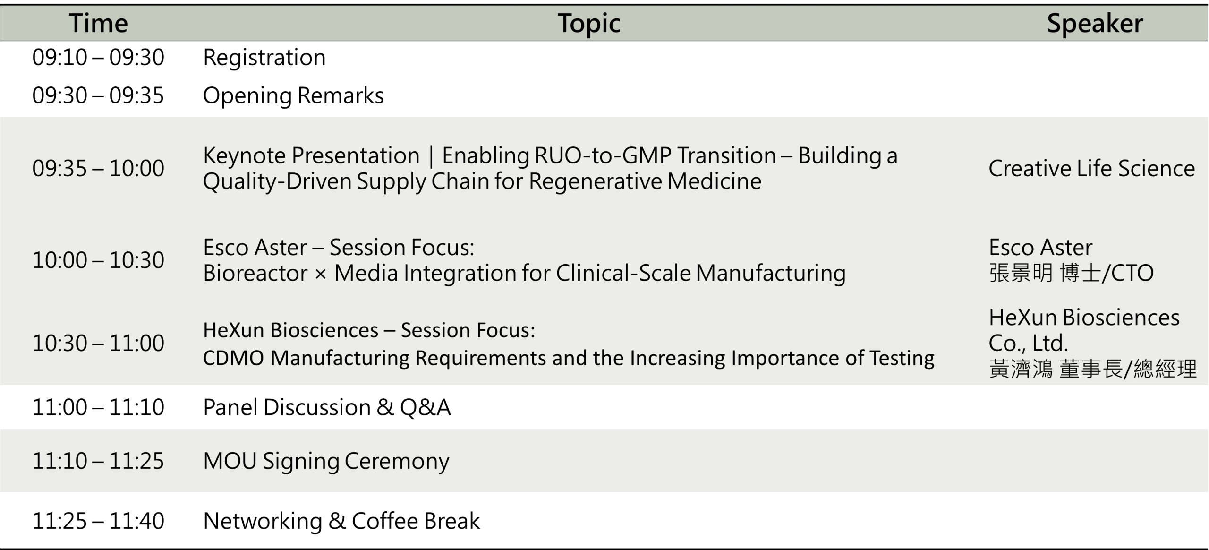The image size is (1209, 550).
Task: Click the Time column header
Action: [x=98, y=23]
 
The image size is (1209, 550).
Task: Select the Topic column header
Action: [x=589, y=24]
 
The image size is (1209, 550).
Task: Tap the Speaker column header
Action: [x=1095, y=24]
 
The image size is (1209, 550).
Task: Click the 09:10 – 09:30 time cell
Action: [x=98, y=57]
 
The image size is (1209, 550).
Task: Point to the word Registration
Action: [x=264, y=58]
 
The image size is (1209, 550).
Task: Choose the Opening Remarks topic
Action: [x=293, y=96]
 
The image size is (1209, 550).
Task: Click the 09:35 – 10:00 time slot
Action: [x=98, y=168]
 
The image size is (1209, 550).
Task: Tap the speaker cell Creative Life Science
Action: [x=1091, y=168]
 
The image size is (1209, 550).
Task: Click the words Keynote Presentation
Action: [x=311, y=156]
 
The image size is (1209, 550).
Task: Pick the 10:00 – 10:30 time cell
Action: [x=98, y=260]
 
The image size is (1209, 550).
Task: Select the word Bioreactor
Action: [x=255, y=273]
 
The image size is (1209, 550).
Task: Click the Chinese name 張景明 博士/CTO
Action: [x=1071, y=273]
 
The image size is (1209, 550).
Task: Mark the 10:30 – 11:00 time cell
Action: [x=98, y=343]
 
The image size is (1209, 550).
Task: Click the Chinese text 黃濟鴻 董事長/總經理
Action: [x=1093, y=369]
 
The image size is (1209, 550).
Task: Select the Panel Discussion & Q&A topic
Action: [x=327, y=407]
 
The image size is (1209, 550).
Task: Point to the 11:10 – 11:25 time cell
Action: [x=98, y=461]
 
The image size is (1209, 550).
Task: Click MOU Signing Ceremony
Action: [x=326, y=462]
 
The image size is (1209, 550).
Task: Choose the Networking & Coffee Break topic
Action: [x=341, y=521]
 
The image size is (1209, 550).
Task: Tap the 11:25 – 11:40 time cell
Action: [x=98, y=521]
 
